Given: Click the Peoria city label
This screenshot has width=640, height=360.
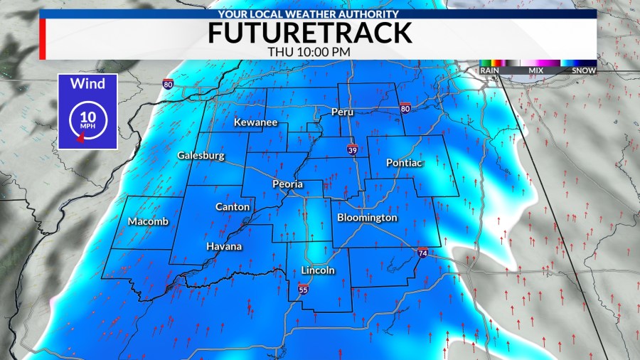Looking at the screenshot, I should (288, 184).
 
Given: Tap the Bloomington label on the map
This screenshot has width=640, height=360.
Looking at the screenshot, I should (367, 217).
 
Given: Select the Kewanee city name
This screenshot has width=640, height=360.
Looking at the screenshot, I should (255, 123).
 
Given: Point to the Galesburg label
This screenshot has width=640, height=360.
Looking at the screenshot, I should (201, 155).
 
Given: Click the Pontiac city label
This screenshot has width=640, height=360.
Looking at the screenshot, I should (405, 163).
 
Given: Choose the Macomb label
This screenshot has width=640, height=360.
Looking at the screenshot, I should (149, 221).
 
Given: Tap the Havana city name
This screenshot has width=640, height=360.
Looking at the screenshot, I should (224, 246).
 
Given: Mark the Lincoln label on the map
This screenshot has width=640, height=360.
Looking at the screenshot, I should (318, 270).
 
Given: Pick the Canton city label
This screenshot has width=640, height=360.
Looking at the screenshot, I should (233, 206).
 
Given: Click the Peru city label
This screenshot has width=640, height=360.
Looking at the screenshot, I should (343, 112).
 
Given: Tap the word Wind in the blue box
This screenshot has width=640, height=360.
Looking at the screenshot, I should (87, 84).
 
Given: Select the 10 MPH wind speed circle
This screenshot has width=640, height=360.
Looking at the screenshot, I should (87, 117).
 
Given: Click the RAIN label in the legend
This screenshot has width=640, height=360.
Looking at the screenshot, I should (489, 70).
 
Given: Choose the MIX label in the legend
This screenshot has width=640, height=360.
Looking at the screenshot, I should (537, 70).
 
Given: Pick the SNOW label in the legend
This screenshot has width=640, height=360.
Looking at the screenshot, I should (585, 70).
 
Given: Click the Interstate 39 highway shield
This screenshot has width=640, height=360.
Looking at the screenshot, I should (353, 149).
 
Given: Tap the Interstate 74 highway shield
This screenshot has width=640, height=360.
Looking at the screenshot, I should (422, 253).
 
